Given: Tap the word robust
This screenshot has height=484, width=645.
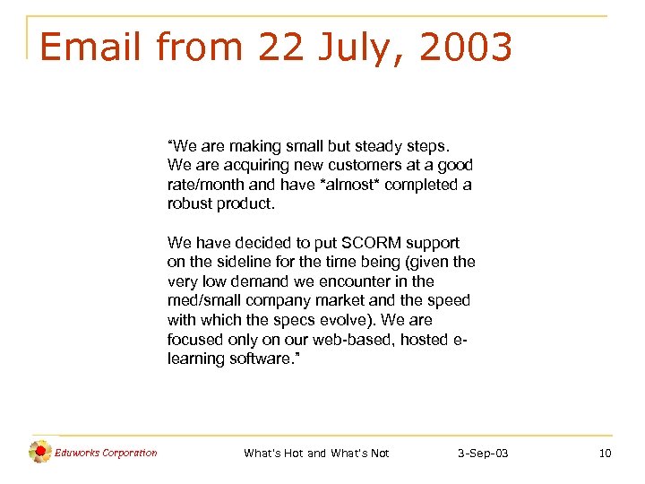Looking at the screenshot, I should click(x=189, y=203).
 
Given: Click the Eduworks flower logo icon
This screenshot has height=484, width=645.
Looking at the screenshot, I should click(x=39, y=453).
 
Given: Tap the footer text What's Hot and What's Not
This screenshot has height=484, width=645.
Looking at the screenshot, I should click(x=316, y=454).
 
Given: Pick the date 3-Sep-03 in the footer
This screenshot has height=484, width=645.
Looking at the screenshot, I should click(x=483, y=454).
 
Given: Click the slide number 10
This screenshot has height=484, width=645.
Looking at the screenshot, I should click(x=605, y=454).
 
